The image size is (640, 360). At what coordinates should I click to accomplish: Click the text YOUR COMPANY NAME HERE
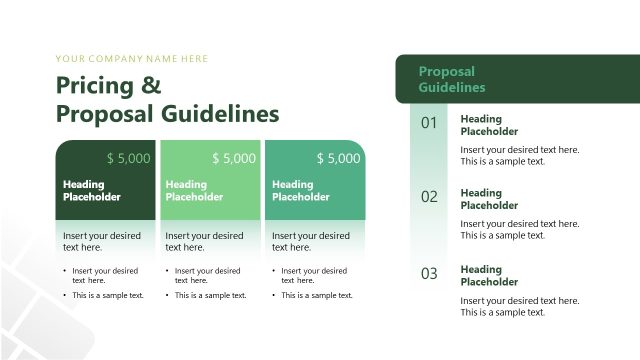tap(132, 59)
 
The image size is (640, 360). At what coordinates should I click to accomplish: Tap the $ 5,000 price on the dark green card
tap(128, 158)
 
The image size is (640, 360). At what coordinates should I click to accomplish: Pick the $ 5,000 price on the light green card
tap(234, 158)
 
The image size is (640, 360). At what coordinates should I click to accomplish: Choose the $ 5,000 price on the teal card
tap(338, 158)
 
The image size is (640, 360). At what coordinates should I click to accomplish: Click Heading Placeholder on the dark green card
tap(92, 190)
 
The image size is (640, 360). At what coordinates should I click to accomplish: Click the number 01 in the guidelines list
tap(429, 124)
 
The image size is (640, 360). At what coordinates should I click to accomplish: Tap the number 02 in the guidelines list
tap(429, 197)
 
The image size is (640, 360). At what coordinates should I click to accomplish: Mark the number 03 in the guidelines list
tap(429, 274)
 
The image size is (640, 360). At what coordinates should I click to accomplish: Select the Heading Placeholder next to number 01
tap(489, 125)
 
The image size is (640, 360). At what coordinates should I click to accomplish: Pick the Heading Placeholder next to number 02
tap(489, 199)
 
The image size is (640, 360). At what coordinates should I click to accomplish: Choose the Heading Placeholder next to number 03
tap(489, 275)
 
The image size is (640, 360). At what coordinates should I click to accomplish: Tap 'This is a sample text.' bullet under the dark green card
tap(108, 295)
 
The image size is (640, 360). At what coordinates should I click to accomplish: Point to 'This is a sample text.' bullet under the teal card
tap(317, 295)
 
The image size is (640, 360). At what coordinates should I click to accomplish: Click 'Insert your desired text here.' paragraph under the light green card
tap(204, 241)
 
